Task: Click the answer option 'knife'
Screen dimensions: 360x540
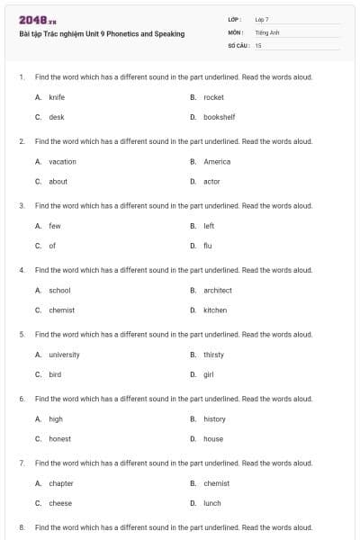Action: pos(56,97)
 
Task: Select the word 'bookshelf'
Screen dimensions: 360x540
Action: pos(220,117)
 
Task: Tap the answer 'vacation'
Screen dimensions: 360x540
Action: pos(62,162)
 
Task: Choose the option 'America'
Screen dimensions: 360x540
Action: pos(217,162)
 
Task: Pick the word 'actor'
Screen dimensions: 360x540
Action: pos(211,182)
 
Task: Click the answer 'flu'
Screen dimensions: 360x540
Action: pos(208,246)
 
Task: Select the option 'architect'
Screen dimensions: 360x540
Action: pos(218,290)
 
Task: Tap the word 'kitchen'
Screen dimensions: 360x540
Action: pos(215,310)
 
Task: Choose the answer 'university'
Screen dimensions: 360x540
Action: pos(64,355)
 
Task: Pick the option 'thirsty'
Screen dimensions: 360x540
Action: pos(213,355)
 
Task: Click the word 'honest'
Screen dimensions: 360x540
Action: pos(59,439)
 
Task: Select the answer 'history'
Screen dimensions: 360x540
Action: pos(214,419)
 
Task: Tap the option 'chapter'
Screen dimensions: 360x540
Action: pos(61,483)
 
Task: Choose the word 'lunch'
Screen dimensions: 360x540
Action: pos(212,503)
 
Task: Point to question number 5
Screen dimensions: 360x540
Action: pos(22,334)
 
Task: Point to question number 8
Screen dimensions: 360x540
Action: pos(22,526)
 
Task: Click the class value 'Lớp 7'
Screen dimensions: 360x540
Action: pos(262,19)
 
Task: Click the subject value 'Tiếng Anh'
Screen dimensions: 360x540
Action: pos(267,31)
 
